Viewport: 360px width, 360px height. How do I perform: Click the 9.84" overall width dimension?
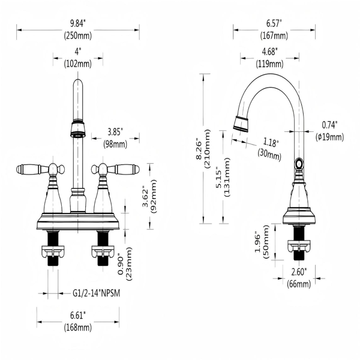pos(77,23)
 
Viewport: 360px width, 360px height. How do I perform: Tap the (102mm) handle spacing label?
pos(77,64)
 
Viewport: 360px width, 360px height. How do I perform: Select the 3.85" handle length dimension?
pos(115,132)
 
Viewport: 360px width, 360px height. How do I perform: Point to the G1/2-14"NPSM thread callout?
pos(96,293)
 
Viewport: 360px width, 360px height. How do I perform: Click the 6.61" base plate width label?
pos(78,315)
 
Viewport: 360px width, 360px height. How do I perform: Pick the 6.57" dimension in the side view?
pos(274,23)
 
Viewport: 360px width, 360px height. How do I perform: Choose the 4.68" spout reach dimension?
pos(270,52)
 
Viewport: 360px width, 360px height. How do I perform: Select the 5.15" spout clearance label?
pos(218,179)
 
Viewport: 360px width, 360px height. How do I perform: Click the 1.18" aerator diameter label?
pos(271,143)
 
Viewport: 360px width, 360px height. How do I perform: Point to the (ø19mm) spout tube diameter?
pos(329,137)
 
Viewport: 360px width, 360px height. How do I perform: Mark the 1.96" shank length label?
pos(258,243)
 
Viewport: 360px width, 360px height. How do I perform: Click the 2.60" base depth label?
pos(299,272)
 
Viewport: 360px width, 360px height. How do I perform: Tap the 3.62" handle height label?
pos(146,196)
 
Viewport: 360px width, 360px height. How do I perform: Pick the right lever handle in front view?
pos(115,169)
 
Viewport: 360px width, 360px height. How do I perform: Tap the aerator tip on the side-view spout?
pos(241,124)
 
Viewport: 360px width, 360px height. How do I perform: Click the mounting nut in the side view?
pos(299,246)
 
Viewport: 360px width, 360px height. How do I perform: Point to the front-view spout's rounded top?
pos(78,83)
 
